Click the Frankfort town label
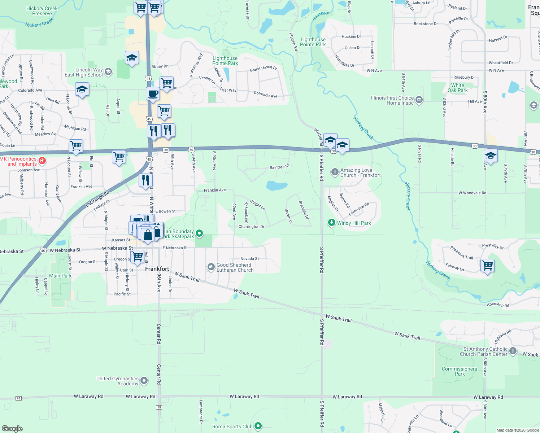tap(157, 269)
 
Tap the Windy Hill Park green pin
tap(331, 223)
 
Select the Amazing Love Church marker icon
tap(335, 172)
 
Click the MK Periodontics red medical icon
tap(42, 160)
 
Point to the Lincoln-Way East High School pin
tap(108, 72)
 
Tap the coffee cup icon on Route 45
tap(153, 93)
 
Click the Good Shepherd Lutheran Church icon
tap(211, 267)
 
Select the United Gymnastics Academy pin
tap(144, 381)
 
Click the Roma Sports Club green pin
tap(258, 426)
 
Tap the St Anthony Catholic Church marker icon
tap(513, 351)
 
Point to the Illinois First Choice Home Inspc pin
tap(419, 100)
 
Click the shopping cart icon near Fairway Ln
tap(487, 265)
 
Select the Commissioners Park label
tap(460, 371)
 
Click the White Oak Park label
tap(457, 88)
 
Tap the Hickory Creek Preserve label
tap(42, 11)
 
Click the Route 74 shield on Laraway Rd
tap(19, 398)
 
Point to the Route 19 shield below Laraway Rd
tap(159, 407)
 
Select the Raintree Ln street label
tap(279, 167)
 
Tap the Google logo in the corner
tap(12, 428)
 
